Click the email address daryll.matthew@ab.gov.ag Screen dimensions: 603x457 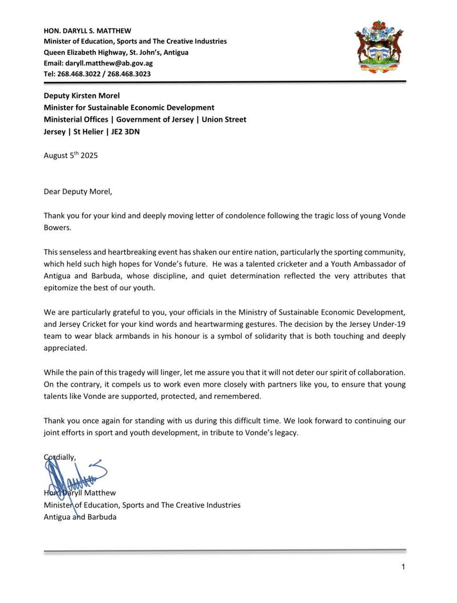tap(109, 63)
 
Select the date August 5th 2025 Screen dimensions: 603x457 tap(71, 155)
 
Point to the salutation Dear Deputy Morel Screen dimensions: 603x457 tap(78, 192)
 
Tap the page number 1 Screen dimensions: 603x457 tap(403, 567)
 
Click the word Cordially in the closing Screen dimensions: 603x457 tap(60, 457)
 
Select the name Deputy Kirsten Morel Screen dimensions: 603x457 tap(82, 96)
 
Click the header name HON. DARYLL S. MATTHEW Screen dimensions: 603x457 tap(88, 31)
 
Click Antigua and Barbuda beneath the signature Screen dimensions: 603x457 tap(80, 517)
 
